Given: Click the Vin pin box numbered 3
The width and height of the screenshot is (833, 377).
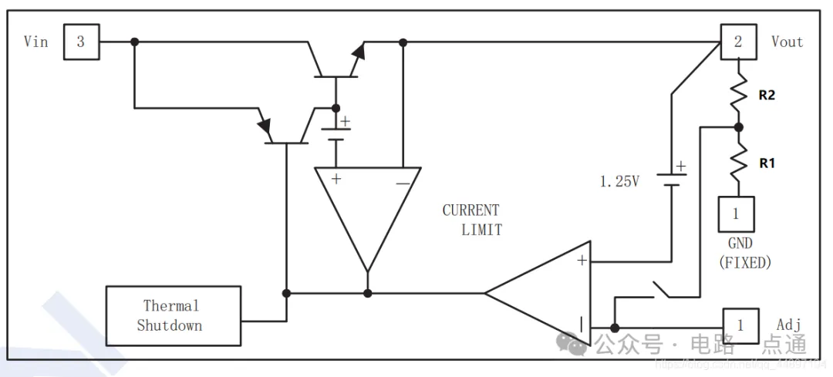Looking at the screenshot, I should pos(80,42).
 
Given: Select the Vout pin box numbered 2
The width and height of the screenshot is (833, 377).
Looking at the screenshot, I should pos(738,42).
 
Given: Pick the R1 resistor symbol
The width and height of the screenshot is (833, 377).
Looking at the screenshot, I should pos(738,161).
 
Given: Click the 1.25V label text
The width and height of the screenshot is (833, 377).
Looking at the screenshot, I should pos(619,182).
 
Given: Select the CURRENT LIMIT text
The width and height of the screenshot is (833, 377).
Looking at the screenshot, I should pos(472,220).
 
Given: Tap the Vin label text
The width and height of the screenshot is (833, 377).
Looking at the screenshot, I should pos(36,42).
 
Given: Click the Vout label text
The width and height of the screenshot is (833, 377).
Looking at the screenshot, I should pos(787,42).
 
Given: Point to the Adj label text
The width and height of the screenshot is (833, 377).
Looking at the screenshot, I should pos(788,325).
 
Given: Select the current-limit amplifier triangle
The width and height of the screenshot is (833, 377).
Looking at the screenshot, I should pos(368,208).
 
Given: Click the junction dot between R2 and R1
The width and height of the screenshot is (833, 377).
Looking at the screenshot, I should pos(738,127).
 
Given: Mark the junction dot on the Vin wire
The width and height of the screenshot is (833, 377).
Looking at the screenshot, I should pos(134,42).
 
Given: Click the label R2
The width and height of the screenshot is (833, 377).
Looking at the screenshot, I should pos(766,96).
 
